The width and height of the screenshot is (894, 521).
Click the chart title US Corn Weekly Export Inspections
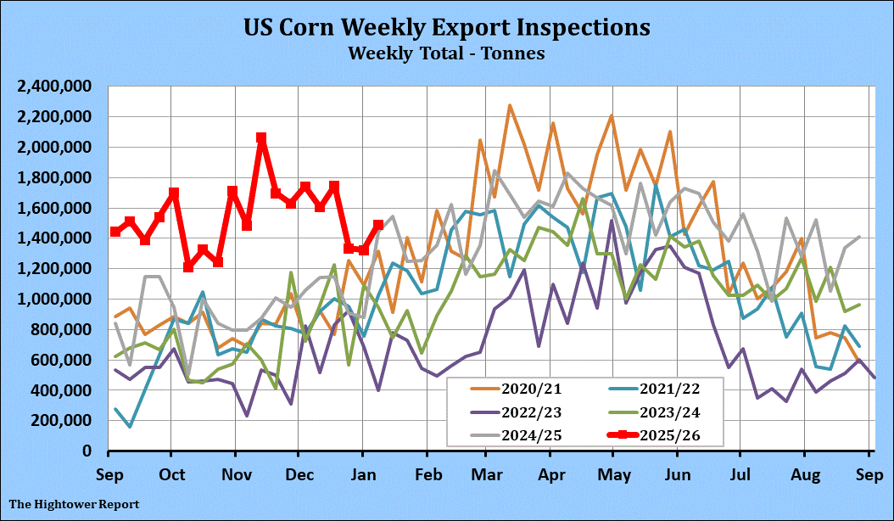point(447,27)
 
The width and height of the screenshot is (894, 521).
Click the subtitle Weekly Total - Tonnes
point(446,53)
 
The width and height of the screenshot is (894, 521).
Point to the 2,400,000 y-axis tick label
point(55,87)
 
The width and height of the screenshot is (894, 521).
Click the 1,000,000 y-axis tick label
point(55,300)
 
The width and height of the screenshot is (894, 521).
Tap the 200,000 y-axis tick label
point(61,421)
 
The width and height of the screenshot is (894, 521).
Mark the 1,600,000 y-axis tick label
point(55,208)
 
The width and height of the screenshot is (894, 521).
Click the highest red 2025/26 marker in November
point(261,137)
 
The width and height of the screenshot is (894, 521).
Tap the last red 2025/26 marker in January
point(378,226)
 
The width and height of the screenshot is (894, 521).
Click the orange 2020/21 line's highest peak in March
point(509,106)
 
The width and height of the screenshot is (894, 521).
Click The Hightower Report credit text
point(75,504)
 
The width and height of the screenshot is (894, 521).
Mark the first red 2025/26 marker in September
point(115,232)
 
